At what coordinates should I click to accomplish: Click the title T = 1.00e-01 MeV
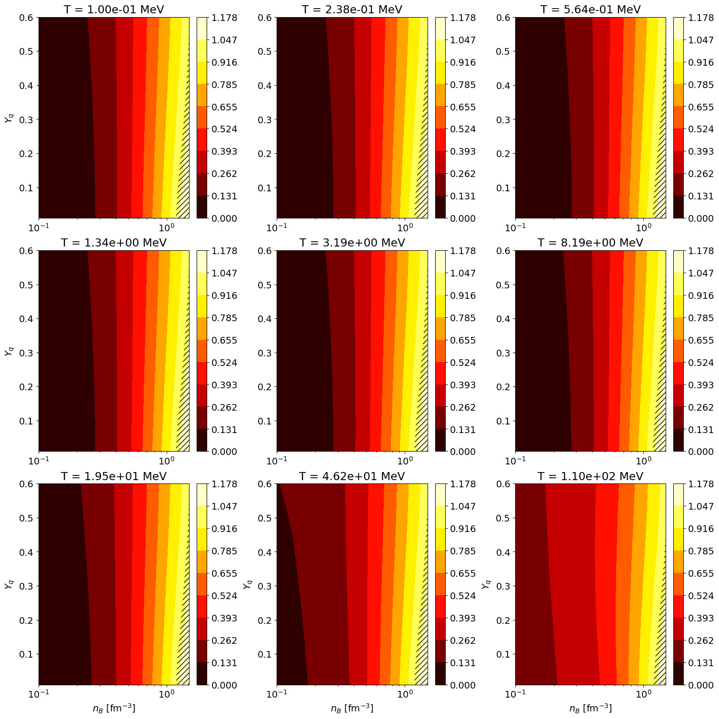pyautogui.click(x=114, y=10)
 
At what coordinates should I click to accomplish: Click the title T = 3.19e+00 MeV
pyautogui.click(x=352, y=243)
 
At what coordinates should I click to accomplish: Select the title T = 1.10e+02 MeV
pyautogui.click(x=590, y=476)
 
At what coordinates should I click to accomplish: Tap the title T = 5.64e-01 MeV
pyautogui.click(x=590, y=10)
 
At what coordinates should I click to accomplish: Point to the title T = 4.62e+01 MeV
pyautogui.click(x=352, y=476)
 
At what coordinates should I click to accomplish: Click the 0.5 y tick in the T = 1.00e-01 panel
pyautogui.click(x=26, y=51)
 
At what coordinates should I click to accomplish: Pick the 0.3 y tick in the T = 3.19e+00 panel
pyautogui.click(x=264, y=353)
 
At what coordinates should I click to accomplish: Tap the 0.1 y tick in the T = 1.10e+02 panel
pyautogui.click(x=503, y=654)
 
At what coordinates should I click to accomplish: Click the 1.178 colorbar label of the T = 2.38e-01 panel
pyautogui.click(x=463, y=18)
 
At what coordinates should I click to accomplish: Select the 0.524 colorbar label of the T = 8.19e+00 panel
pyautogui.click(x=701, y=363)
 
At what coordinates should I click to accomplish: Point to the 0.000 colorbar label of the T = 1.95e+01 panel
pyautogui.click(x=224, y=685)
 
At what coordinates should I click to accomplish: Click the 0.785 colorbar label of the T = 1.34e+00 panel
pyautogui.click(x=224, y=318)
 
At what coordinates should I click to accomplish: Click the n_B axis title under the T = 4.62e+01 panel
pyautogui.click(x=352, y=708)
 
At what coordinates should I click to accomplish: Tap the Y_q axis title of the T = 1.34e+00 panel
pyautogui.click(x=9, y=351)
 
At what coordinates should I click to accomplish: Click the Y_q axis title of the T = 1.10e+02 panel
pyautogui.click(x=485, y=584)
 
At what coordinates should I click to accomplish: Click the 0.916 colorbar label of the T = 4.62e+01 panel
pyautogui.click(x=463, y=529)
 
